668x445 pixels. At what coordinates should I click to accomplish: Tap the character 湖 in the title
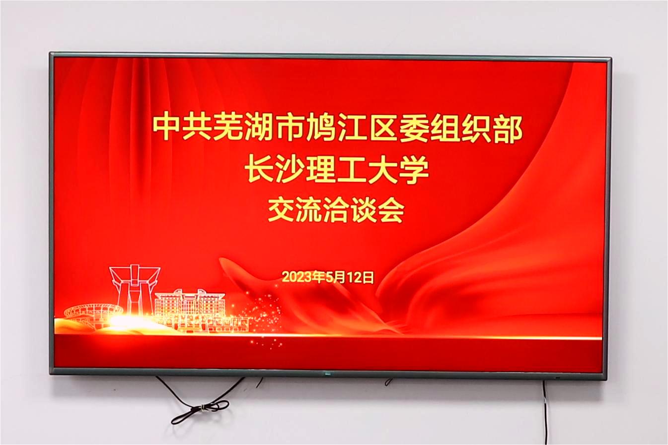coord(259,128)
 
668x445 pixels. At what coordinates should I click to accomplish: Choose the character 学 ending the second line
coord(414,171)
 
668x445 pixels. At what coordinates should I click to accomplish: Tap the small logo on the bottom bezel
coord(327,375)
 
